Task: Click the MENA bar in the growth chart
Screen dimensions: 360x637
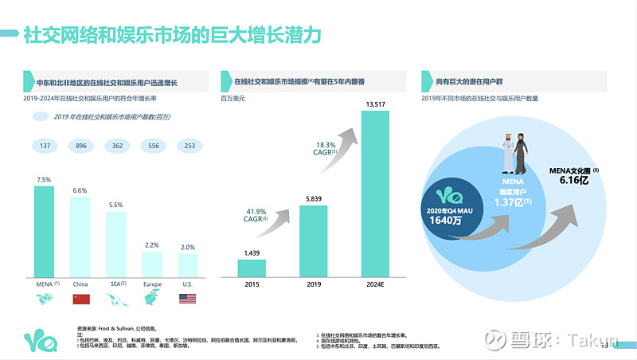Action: [44, 230]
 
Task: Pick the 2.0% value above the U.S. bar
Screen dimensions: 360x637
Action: [188, 247]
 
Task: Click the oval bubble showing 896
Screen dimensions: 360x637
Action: [80, 146]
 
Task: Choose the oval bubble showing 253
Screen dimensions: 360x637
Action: [189, 146]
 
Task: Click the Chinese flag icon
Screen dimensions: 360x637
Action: [80, 299]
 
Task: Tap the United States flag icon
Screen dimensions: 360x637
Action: [188, 299]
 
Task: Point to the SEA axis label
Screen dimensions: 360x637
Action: [116, 283]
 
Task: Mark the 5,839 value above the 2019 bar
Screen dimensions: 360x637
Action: [313, 198]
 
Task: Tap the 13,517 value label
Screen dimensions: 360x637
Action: [376, 104]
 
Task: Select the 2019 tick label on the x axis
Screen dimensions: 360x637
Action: [313, 284]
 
